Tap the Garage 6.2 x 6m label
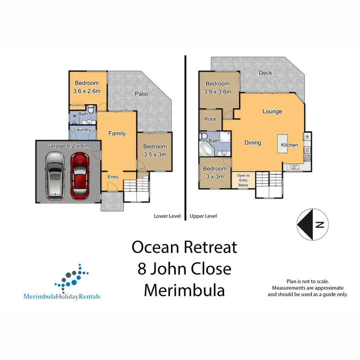[67, 145]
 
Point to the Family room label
[117, 133]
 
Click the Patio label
[141, 94]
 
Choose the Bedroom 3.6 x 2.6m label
[87, 87]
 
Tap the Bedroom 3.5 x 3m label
[155, 150]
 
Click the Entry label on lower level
[113, 177]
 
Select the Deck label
[265, 73]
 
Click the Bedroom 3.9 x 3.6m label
[218, 88]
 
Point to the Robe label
[210, 119]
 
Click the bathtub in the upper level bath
[205, 147]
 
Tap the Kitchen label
[289, 145]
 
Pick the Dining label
[252, 143]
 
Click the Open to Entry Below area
[241, 180]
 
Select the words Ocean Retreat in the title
[184, 247]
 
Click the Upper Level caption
[204, 216]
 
